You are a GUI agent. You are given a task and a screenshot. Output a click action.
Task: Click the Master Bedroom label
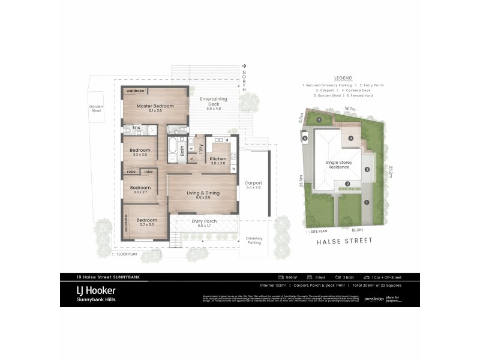point(155,106)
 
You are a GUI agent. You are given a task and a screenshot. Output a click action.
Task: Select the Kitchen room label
point(218,159)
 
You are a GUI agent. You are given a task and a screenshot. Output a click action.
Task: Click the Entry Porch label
point(204,221)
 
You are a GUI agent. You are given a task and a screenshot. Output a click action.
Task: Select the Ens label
point(136,128)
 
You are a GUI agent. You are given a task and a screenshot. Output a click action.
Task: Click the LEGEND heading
point(343,78)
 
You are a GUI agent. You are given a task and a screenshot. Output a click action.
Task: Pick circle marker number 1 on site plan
point(365,202)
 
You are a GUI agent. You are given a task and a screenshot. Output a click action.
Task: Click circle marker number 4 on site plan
point(350,137)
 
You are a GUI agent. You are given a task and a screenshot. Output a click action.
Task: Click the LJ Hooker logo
point(91,289)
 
